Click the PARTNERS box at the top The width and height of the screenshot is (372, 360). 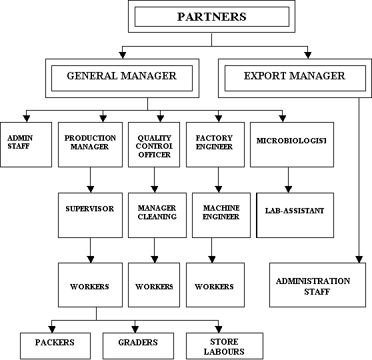click(211, 17)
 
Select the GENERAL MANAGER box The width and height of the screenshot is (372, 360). click(122, 78)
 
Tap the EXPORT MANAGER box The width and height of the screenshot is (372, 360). click(295, 78)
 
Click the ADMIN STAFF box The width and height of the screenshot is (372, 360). click(26, 145)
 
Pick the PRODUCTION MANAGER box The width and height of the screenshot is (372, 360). click(91, 145)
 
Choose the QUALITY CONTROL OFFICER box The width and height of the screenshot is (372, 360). click(154, 145)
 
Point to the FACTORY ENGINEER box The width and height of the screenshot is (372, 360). click(215, 145)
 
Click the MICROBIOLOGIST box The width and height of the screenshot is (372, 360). click(292, 145)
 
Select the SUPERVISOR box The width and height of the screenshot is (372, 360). click(91, 215)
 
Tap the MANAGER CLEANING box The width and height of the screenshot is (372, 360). click(157, 215)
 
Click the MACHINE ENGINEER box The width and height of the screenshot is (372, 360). click(221, 215)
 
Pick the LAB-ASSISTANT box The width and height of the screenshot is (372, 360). click(295, 215)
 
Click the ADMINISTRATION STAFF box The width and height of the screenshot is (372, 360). click(318, 285)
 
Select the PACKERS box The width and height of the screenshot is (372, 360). click(55, 345)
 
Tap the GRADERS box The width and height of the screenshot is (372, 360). click(138, 345)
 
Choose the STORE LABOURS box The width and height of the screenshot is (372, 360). click(225, 345)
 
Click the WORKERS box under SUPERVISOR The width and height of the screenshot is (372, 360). click(91, 285)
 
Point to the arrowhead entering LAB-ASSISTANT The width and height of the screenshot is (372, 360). click(289, 189)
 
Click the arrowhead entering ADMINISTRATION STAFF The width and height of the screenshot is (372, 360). click(359, 259)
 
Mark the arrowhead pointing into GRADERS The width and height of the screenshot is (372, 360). click(135, 329)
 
